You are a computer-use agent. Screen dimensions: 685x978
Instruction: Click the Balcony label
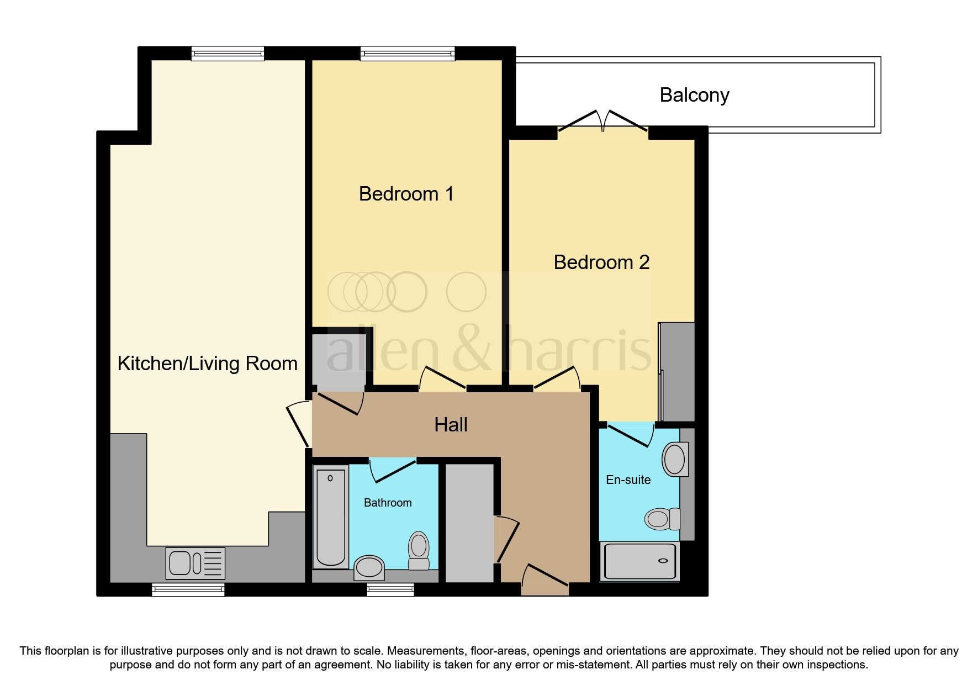click(x=694, y=95)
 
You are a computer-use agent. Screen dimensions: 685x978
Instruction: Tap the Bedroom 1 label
click(x=406, y=194)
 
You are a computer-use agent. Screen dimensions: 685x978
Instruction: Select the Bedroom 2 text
click(x=601, y=262)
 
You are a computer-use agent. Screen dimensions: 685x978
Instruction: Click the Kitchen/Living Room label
click(x=208, y=363)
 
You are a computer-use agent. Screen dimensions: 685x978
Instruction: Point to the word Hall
click(x=451, y=425)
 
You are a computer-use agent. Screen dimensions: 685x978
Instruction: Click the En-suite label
click(x=628, y=480)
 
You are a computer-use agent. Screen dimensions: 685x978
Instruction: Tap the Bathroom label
click(x=388, y=503)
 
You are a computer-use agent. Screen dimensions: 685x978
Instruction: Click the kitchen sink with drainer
click(x=195, y=563)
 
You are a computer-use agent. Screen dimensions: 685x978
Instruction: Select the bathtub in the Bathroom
click(x=330, y=517)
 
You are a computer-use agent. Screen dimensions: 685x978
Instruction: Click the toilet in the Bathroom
click(x=419, y=550)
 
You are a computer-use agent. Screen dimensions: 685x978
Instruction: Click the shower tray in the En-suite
click(x=639, y=561)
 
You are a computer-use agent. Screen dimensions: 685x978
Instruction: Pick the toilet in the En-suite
click(x=662, y=519)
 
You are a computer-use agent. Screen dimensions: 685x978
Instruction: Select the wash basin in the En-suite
click(x=674, y=459)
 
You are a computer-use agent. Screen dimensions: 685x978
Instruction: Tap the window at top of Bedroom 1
click(x=408, y=54)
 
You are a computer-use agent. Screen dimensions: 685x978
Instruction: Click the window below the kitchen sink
click(x=188, y=590)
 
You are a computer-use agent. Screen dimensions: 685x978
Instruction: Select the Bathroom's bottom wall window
click(x=390, y=590)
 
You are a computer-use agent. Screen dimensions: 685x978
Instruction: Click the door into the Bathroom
click(x=393, y=470)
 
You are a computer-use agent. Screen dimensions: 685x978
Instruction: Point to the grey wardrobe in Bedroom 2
click(x=677, y=372)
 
